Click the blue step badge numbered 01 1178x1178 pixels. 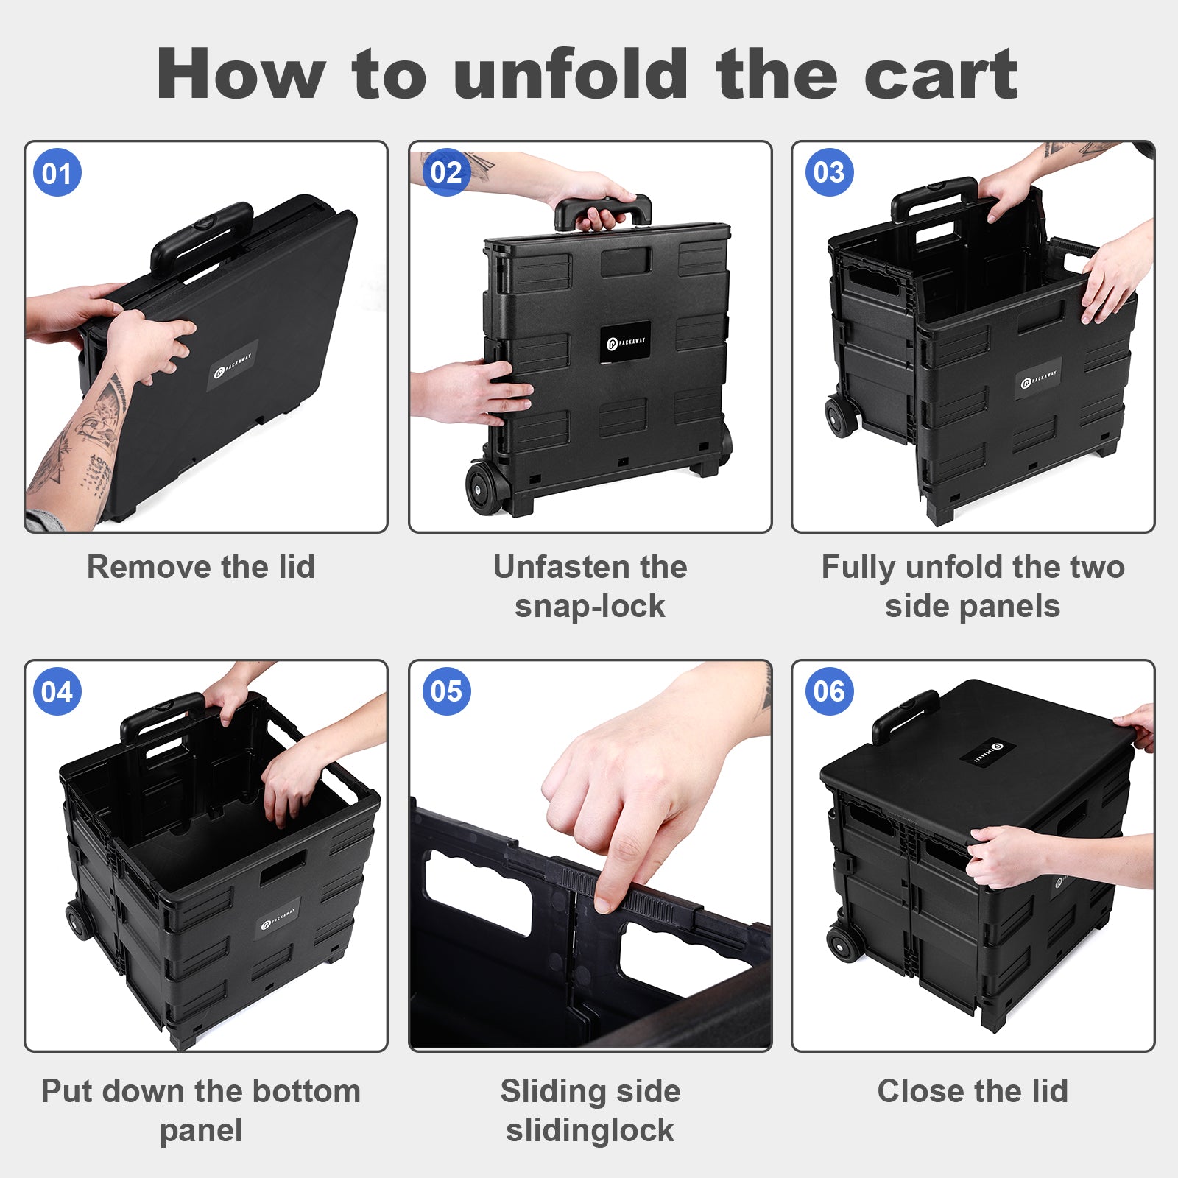click(57, 173)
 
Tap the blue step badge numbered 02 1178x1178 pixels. click(446, 172)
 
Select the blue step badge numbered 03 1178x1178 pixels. click(830, 172)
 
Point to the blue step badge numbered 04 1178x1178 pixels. click(57, 691)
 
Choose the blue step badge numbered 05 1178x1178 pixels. click(446, 691)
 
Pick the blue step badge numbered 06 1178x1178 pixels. click(830, 691)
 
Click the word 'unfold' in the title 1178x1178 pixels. click(571, 74)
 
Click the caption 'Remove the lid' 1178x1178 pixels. click(201, 567)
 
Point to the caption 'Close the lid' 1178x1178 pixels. click(973, 1090)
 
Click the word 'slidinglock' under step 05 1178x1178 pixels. click(590, 1131)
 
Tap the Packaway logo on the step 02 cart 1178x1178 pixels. click(625, 342)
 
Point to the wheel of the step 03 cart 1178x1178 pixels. click(841, 417)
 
